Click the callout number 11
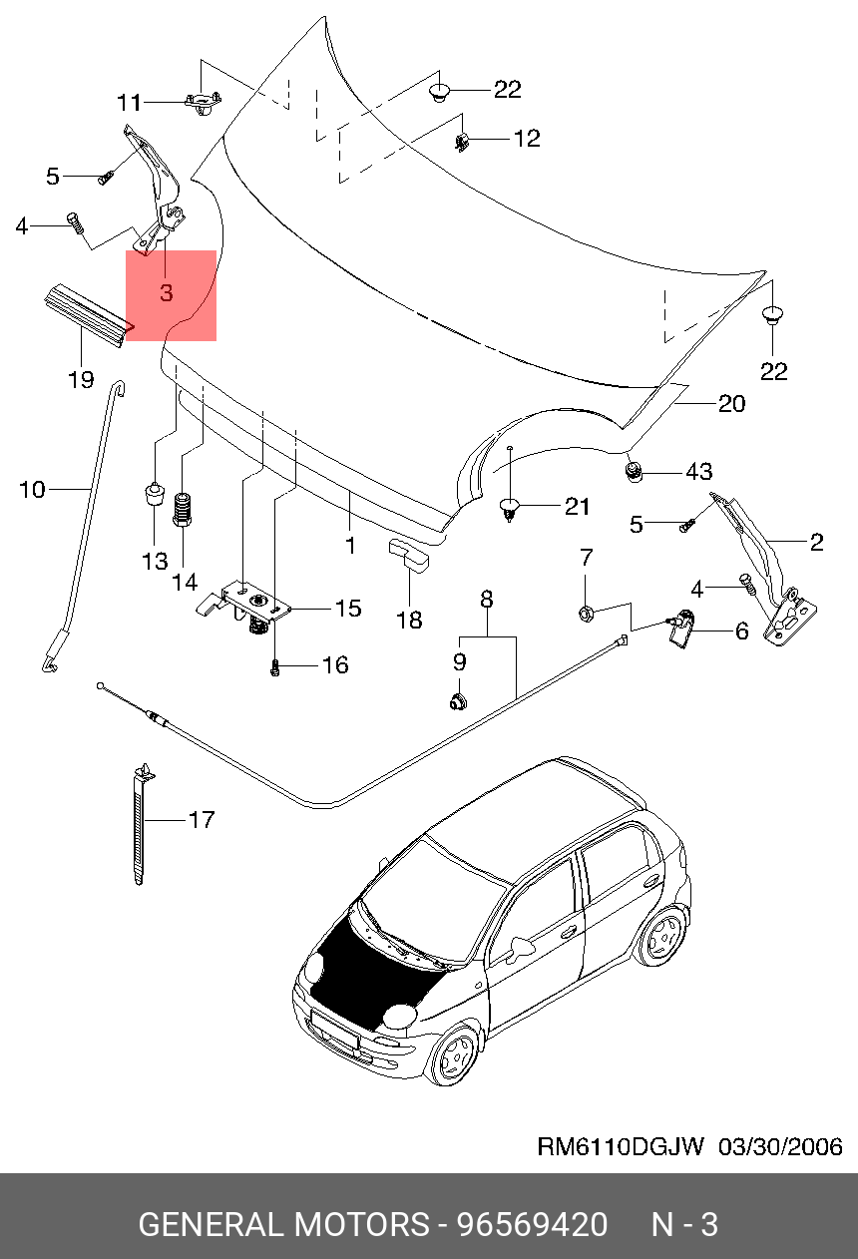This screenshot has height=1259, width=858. tap(130, 102)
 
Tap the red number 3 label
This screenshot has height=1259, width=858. tap(166, 293)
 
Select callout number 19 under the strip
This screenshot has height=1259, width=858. tap(81, 379)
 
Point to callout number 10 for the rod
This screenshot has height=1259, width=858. tap(32, 489)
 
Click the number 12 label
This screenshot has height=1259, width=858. tap(526, 139)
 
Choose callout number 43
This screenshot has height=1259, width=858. tap(697, 470)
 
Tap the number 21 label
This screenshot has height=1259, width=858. tap(577, 507)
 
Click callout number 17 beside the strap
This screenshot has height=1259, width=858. tap(201, 820)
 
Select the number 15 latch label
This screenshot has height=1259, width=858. tap(347, 608)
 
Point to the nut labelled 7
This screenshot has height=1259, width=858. tap(587, 610)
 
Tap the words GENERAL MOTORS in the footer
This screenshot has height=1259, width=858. tap(281, 1224)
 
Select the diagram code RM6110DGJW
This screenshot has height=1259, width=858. tap(621, 1146)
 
